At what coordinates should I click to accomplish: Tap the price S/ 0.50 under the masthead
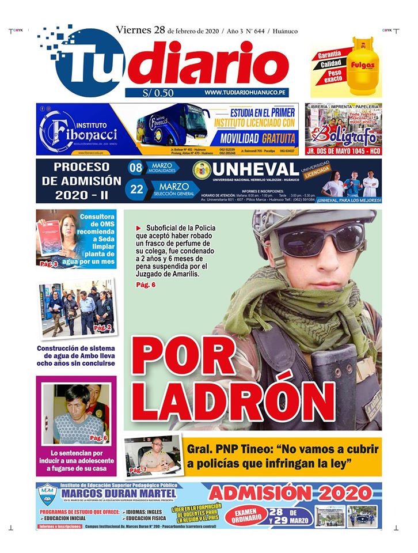[x=157, y=93]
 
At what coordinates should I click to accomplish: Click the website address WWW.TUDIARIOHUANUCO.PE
[x=246, y=93]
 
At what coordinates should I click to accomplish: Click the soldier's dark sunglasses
[x=320, y=238]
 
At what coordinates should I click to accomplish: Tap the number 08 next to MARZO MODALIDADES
[x=135, y=168]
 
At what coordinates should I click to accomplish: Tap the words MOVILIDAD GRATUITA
[x=257, y=139]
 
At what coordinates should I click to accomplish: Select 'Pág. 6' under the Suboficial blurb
[x=146, y=285]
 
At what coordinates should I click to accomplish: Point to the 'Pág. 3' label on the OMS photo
[x=48, y=264]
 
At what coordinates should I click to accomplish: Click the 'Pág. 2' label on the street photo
[x=102, y=328]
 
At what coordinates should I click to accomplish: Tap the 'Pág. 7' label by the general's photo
[x=138, y=471]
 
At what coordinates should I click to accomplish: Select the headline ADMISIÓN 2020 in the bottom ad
[x=290, y=493]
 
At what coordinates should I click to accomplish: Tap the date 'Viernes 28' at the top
[x=140, y=31]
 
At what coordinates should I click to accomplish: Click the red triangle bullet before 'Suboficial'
[x=138, y=229]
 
